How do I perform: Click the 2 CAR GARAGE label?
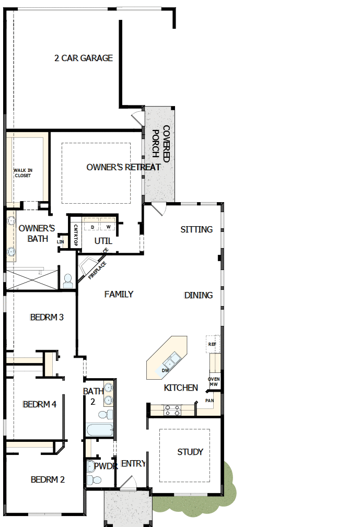click(x=84, y=58)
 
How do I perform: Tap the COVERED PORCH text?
click(x=161, y=144)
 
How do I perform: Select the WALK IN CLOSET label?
click(x=23, y=173)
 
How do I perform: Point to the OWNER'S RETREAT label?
click(x=123, y=167)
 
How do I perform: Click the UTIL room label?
click(x=103, y=241)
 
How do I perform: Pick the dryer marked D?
click(x=92, y=227)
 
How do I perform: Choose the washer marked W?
click(x=108, y=227)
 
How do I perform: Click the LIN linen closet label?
click(x=61, y=242)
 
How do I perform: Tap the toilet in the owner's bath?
click(x=68, y=281)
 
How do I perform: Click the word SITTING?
click(x=196, y=230)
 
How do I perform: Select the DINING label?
click(x=199, y=295)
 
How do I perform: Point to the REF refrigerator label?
click(x=212, y=344)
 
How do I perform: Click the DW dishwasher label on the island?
click(x=166, y=370)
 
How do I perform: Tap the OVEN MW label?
click(x=214, y=381)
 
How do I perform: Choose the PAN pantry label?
click(x=210, y=401)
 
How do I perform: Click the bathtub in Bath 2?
click(x=99, y=430)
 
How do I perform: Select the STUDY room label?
click(x=190, y=452)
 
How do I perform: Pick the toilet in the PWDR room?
click(x=94, y=480)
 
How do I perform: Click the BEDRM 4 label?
click(x=39, y=404)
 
